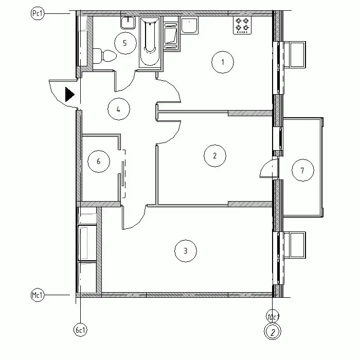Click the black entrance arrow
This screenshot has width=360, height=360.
70,94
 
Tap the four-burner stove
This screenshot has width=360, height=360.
242,25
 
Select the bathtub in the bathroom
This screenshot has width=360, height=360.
150,42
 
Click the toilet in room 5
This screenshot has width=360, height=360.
104,56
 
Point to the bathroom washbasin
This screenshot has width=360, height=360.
128,23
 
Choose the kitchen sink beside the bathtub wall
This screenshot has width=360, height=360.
189,26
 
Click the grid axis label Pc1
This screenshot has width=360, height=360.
37,13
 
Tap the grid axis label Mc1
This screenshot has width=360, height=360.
37,295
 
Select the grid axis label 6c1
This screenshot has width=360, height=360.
80,330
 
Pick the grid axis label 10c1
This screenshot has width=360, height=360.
273,317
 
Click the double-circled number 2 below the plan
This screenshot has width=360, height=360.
273,332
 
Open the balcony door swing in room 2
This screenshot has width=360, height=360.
268,168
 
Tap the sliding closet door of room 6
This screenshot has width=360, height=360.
123,174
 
